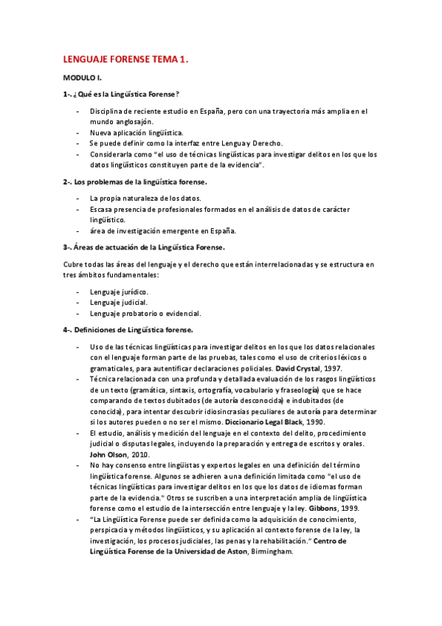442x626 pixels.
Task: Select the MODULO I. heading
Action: tap(82, 78)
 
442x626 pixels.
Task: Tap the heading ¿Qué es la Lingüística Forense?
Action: tap(126, 94)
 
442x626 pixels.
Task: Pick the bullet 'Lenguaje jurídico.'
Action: tap(119, 292)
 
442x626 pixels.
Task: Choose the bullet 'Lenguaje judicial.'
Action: tap(119, 302)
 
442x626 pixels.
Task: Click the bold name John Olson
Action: tap(110, 455)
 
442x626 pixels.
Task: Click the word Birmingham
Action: tap(272, 551)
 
